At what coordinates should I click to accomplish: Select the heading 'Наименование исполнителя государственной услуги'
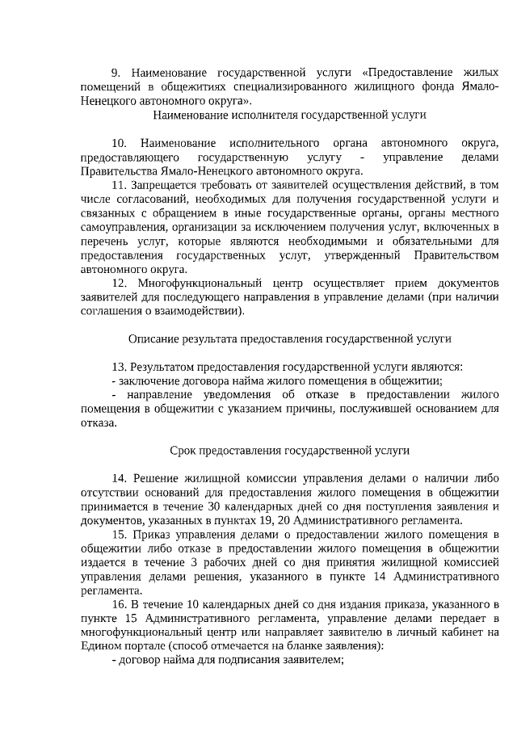pyautogui.click(x=289, y=116)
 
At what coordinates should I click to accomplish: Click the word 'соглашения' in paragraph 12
pyautogui.click(x=110, y=312)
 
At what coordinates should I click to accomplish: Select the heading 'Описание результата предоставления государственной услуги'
pyautogui.click(x=289, y=339)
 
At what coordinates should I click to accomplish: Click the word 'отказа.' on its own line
pyautogui.click(x=99, y=423)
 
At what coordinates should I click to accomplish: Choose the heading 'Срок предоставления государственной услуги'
pyautogui.click(x=289, y=451)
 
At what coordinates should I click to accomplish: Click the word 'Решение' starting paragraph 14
pyautogui.click(x=154, y=479)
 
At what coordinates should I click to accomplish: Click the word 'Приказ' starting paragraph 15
pyautogui.click(x=152, y=535)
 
